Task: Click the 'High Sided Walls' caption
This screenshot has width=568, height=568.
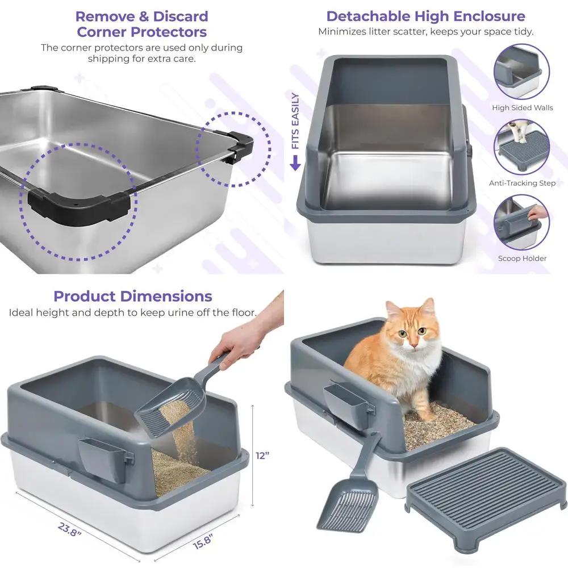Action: pos(522,108)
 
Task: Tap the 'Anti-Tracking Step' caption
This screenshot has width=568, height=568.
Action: pos(522,183)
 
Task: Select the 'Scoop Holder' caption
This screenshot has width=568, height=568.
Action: pos(522,258)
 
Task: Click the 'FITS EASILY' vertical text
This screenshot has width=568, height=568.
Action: pos(295,122)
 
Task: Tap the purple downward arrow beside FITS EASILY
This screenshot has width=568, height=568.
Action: pos(295,164)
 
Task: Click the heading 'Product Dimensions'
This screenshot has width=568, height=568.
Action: pos(133,296)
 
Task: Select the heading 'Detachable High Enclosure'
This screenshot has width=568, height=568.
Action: pos(425,16)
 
